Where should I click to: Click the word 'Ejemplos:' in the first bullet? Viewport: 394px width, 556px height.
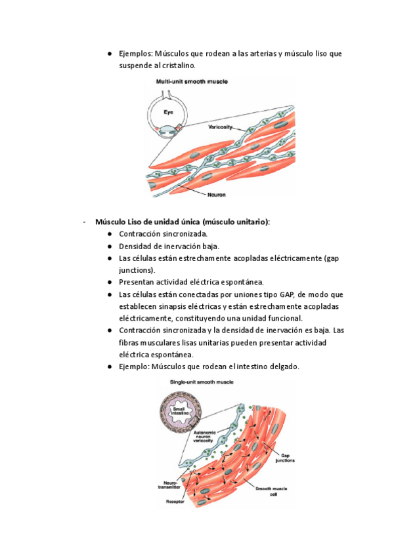click(x=135, y=53)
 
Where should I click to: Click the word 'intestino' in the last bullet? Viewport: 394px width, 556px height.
click(x=258, y=367)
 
